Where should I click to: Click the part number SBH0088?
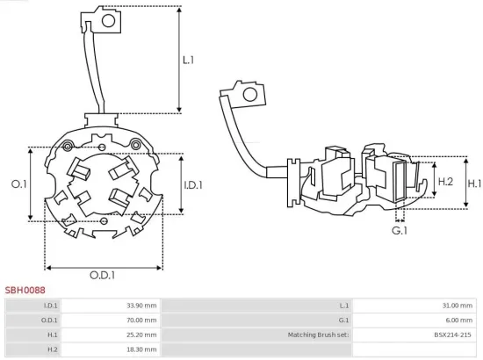pos(25,289)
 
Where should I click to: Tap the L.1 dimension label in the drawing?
pos(189,61)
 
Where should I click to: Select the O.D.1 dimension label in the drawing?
pos(102,276)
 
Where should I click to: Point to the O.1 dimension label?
pos(18,184)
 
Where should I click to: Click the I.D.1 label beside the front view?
pos(193,185)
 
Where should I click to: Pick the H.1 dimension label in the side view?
pos(474,184)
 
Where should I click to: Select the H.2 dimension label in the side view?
pos(445,181)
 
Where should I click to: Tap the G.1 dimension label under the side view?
pos(400,230)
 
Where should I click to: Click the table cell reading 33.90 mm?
pos(141,306)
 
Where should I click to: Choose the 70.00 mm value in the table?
pos(141,320)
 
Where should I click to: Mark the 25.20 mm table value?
pos(141,335)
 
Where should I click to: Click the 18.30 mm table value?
pos(141,349)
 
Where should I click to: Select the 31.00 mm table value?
pos(457,306)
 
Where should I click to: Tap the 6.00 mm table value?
pos(458,320)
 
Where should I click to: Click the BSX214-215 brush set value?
pos(452,335)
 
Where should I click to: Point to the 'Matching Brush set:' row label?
pos(318,335)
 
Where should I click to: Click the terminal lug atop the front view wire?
pos(103,18)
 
